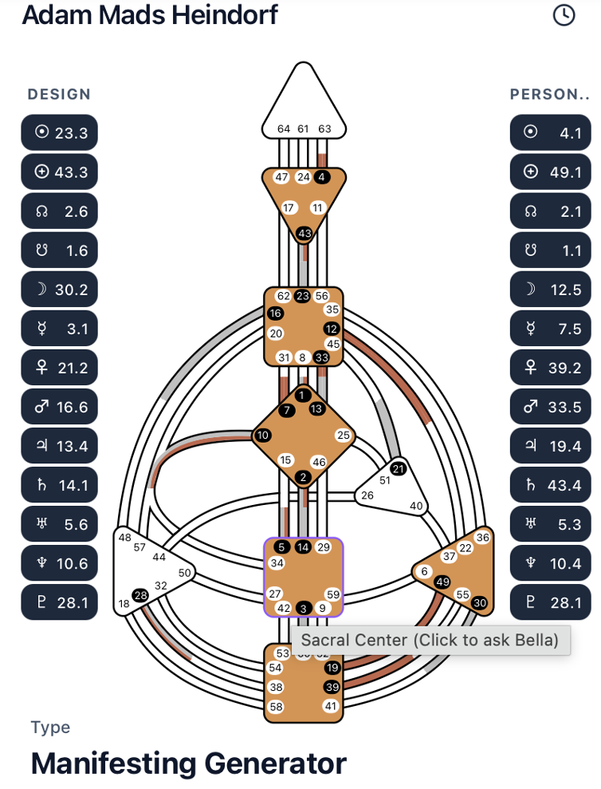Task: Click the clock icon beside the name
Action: pos(564,14)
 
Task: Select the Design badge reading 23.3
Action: pos(60,132)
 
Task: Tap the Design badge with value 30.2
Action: pos(60,289)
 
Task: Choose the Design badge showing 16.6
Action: pos(60,407)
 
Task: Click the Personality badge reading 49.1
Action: pos(550,172)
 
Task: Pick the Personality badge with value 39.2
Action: pos(550,368)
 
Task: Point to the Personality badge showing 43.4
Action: pos(550,485)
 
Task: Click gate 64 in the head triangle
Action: pos(284,128)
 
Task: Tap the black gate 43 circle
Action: pos(304,233)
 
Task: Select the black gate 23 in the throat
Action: pos(302,296)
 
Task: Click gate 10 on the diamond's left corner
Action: pos(262,435)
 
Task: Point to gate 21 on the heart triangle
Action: pos(399,468)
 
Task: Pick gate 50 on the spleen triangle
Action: pos(185,573)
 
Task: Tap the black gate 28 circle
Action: pos(141,595)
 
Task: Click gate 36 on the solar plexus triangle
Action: pos(482,537)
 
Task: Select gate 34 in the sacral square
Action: pos(277,563)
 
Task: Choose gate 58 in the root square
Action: pos(276,706)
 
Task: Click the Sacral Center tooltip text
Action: pos(430,640)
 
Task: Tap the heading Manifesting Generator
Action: pos(188,763)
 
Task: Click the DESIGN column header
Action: pos(59,94)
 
